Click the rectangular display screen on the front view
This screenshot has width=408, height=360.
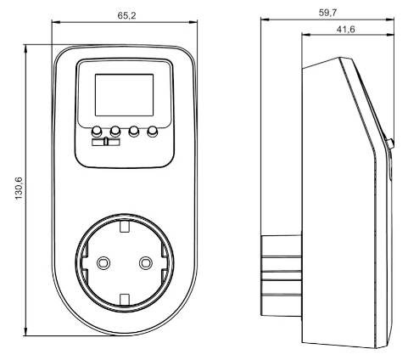(124, 95)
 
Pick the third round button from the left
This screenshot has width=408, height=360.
(134, 132)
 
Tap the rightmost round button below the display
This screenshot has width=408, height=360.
(154, 132)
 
